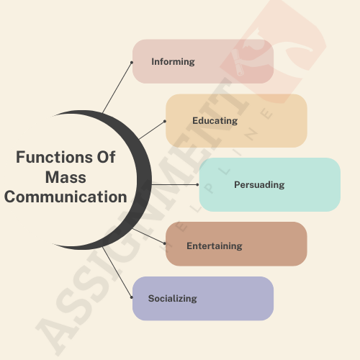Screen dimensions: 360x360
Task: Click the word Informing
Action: coord(173,62)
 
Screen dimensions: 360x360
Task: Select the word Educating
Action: coord(215,121)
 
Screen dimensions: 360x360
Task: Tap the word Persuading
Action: coord(259,184)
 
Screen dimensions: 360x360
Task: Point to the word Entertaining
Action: coord(215,246)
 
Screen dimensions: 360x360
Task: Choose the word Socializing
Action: coord(173,299)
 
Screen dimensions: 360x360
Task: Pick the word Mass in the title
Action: coord(66,177)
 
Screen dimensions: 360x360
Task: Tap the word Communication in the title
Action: coord(66,197)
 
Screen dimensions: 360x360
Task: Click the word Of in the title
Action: coord(106,157)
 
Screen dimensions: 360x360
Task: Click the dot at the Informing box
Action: coord(132,63)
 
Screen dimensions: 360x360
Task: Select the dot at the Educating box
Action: coord(165,121)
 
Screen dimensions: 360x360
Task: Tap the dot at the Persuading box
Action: coord(197,184)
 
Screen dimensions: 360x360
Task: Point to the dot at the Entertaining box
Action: coord(165,243)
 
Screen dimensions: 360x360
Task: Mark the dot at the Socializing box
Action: coord(132,297)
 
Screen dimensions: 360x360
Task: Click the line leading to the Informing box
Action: coord(117,87)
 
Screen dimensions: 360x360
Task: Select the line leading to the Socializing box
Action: coord(117,272)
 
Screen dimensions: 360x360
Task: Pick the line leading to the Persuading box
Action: coord(174,184)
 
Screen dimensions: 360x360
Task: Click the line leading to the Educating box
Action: coord(152,130)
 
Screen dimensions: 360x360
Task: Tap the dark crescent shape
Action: coord(144,180)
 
